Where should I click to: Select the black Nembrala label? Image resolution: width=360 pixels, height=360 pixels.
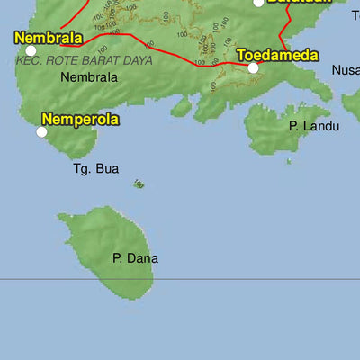(89, 77)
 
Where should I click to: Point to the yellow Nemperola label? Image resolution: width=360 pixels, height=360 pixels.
(80, 118)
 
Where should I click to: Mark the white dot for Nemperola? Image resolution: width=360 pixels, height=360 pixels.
(41, 132)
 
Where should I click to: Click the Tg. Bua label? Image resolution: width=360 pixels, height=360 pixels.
(95, 168)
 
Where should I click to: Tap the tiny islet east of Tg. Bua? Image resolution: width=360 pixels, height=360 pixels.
(139, 184)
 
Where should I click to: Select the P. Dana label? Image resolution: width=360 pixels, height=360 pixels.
(135, 258)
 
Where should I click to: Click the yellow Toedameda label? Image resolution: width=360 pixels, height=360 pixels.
(277, 55)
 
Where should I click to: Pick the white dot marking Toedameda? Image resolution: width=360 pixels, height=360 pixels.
(253, 67)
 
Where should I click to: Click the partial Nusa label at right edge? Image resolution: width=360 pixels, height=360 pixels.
(346, 70)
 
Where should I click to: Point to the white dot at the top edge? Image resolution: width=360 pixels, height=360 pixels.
(258, 3)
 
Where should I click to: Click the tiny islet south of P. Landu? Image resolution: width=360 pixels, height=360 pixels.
(288, 162)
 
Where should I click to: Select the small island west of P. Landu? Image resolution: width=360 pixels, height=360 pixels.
(181, 108)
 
